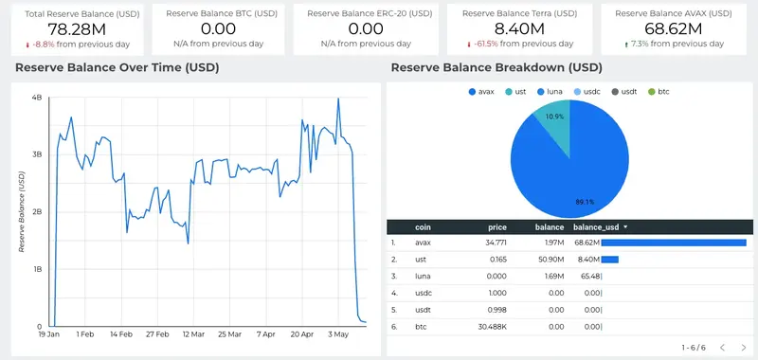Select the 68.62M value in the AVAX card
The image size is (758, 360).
click(x=672, y=30)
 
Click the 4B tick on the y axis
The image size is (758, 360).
click(x=36, y=98)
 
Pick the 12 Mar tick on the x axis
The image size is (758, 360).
click(x=193, y=334)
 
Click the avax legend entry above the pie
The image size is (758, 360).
click(x=481, y=91)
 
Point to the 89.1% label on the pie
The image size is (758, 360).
click(x=584, y=201)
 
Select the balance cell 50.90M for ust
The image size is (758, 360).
click(x=550, y=259)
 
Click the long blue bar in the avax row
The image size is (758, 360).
click(x=672, y=243)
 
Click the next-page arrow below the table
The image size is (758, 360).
click(x=746, y=348)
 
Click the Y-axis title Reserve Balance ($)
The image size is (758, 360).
click(x=22, y=211)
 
